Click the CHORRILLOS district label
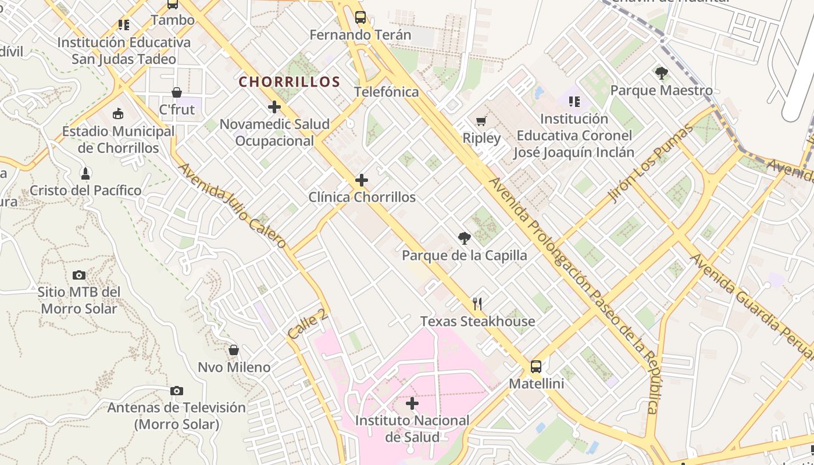(289, 81)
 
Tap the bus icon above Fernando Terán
(360, 17)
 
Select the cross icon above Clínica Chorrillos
(362, 180)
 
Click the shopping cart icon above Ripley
(481, 121)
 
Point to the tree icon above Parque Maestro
(661, 73)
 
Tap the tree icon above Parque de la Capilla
(464, 238)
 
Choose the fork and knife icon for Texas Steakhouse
(477, 303)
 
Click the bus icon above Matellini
(536, 367)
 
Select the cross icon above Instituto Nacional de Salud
(412, 403)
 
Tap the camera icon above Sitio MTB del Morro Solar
(78, 275)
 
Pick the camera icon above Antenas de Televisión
(176, 391)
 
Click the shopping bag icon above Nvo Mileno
(234, 350)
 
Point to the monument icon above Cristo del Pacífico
(85, 173)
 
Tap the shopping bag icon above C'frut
(176, 93)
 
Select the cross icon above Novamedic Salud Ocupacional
(274, 107)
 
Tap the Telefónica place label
(386, 92)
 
